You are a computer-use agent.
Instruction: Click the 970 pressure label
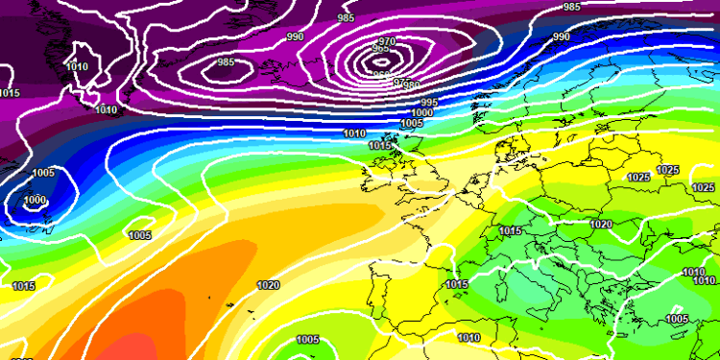click(387, 41)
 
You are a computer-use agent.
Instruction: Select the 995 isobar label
click(428, 103)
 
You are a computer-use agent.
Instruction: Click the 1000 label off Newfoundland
click(35, 200)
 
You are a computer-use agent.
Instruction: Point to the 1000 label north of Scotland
click(422, 112)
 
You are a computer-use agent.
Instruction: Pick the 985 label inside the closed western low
click(227, 62)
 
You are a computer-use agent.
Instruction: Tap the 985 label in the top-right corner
click(572, 7)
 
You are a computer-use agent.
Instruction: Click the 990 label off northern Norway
click(561, 36)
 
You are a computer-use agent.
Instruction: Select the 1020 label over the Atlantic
click(268, 285)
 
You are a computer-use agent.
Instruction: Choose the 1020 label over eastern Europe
click(601, 224)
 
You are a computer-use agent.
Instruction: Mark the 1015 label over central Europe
click(510, 231)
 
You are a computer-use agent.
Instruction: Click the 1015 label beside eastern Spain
click(456, 285)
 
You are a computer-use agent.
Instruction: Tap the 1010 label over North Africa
click(468, 337)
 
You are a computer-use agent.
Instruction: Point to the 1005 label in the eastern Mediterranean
click(677, 319)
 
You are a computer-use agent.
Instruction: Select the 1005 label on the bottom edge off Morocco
click(307, 340)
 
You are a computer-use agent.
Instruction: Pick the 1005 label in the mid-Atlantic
click(139, 235)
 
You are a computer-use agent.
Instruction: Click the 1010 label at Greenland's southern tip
click(107, 110)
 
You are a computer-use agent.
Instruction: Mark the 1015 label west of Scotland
click(380, 145)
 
